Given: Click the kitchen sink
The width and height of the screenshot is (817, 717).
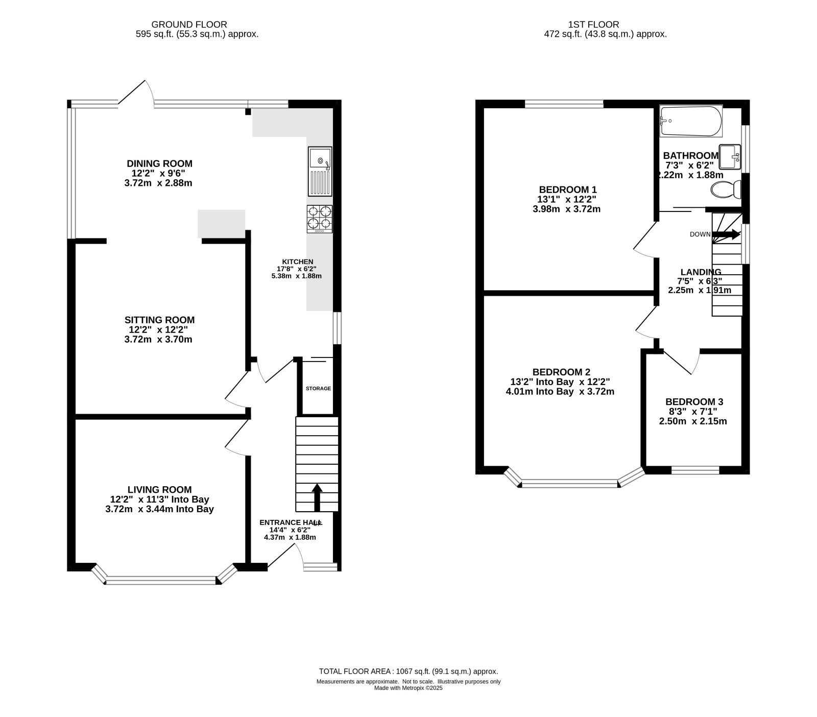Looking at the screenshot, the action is pos(320,172).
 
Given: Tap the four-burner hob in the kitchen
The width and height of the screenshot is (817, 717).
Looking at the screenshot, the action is pos(320,219).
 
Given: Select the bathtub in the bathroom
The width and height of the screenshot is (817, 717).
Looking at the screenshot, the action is pos(691,121).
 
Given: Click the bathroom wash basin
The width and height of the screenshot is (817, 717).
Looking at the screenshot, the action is pos(730,157).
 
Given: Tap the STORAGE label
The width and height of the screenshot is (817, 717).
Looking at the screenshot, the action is pos(318,389).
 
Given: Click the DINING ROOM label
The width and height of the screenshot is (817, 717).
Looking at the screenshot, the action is pos(160,163).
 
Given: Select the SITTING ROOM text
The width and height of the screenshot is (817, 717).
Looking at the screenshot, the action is pos(160,320).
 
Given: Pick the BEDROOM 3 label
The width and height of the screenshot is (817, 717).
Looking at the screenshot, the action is pos(694,402).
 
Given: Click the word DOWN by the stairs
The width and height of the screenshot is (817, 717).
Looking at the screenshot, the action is pos(700,234).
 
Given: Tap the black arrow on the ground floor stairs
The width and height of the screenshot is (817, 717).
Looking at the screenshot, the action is pos(317,497).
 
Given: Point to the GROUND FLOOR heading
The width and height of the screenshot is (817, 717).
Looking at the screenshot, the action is pos(189,25).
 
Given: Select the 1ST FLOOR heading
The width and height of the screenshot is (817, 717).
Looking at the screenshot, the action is pos(593,25).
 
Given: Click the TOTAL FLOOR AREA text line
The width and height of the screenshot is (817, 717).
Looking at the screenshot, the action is pos(408,672).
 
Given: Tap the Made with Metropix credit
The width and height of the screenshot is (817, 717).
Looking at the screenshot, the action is pos(408,688).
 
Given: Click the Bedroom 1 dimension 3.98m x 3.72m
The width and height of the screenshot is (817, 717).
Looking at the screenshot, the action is pos(566,209).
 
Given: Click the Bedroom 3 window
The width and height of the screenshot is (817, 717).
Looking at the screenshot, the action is pos(695,470).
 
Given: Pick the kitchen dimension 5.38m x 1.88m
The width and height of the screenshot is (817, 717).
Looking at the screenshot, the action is pos(297,276).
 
